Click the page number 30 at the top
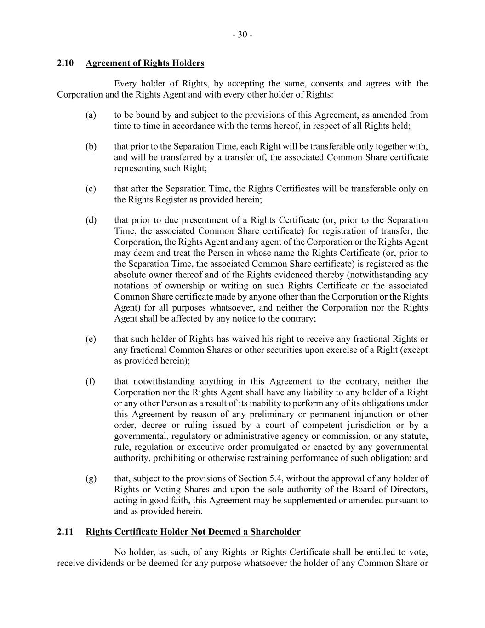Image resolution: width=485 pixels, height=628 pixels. pos(242,35)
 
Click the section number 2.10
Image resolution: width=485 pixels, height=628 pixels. pos(65,63)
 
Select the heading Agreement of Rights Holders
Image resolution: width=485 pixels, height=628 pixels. pos(145,63)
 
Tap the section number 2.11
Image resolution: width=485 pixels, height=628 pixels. pos(65,532)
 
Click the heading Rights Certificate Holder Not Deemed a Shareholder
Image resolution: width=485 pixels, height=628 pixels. pos(193,532)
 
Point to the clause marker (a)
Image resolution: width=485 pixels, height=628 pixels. pos(91,115)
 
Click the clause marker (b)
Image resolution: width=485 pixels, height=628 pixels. pos(91,146)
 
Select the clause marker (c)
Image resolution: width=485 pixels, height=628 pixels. pos(91,189)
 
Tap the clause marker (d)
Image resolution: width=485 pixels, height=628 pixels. pos(91,220)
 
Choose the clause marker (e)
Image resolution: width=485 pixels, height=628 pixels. pos(91,339)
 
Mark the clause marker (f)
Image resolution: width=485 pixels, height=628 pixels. pos(90,381)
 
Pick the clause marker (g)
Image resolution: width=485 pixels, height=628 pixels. pos(91,478)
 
